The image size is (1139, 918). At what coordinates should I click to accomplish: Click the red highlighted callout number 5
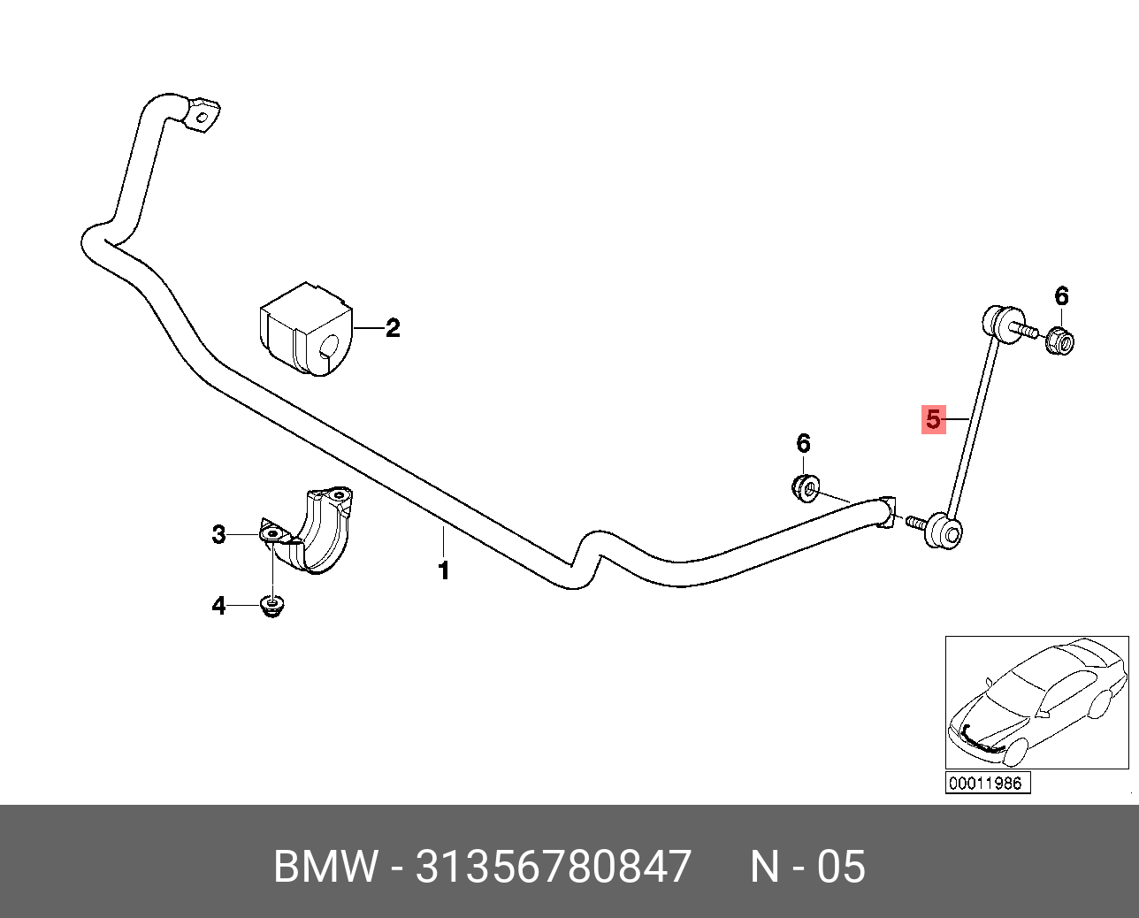tap(932, 418)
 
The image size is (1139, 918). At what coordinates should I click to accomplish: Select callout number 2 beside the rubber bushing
tap(393, 329)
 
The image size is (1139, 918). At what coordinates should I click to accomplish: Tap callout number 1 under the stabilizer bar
tap(444, 570)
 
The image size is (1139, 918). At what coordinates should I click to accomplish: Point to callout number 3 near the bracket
tap(219, 534)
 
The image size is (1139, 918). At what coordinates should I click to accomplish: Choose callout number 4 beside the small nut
tap(218, 606)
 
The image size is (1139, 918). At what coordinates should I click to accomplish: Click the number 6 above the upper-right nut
tap(1061, 297)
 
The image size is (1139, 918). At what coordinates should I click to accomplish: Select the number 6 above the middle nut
tap(803, 443)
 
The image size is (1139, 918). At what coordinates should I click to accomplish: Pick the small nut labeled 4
tap(273, 607)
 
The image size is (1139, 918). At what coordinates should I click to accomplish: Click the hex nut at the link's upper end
tap(1059, 340)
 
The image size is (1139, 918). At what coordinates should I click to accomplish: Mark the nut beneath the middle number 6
tap(805, 486)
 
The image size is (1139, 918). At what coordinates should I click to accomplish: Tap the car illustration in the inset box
tap(1036, 702)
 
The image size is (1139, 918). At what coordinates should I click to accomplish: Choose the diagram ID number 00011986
tap(984, 783)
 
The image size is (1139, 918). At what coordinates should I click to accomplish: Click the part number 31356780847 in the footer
tap(553, 867)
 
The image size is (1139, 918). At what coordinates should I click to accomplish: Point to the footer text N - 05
tap(807, 867)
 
